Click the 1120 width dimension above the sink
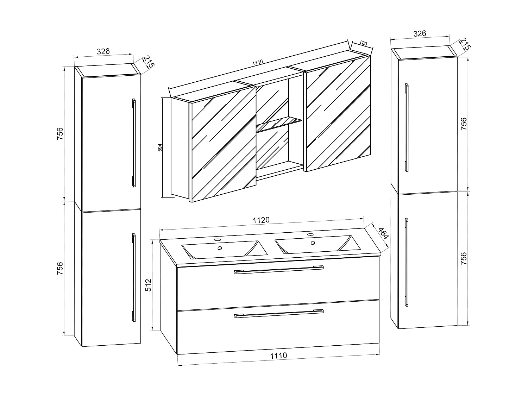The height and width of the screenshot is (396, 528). coord(261,220)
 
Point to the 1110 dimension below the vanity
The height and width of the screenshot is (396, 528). coord(278,356)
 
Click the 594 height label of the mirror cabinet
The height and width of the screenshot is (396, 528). coord(160,147)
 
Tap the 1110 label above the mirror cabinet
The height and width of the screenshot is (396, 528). coord(258,62)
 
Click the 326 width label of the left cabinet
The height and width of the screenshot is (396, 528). coord(103,51)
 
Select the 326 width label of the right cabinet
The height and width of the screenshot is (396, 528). coord(420,34)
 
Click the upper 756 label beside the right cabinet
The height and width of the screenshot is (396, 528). coord(464,124)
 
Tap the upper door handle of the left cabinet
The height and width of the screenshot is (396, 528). coord(134,143)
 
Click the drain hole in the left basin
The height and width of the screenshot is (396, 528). coord(220,248)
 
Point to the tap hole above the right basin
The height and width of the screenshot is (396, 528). coord(310,234)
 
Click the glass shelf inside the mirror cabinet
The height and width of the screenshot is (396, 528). coord(279,124)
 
